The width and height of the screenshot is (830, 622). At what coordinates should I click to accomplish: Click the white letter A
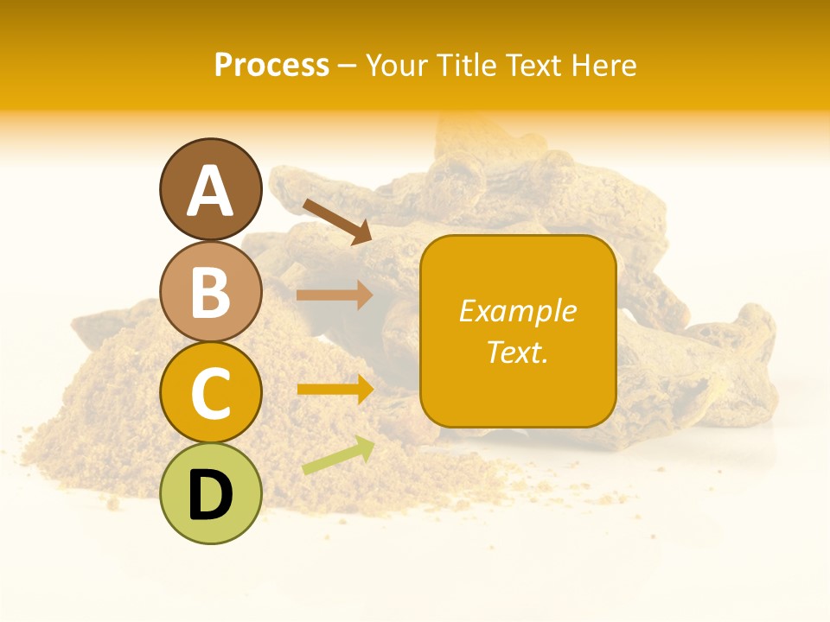pyautogui.click(x=210, y=191)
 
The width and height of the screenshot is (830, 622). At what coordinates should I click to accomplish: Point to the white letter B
pyautogui.click(x=210, y=292)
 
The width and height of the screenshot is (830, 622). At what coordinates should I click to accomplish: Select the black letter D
pyautogui.click(x=210, y=494)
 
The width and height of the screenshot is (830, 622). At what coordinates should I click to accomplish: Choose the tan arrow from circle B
pyautogui.click(x=335, y=295)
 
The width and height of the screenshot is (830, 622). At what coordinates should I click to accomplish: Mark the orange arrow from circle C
pyautogui.click(x=335, y=389)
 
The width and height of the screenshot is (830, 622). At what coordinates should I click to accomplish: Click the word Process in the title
pyautogui.click(x=271, y=66)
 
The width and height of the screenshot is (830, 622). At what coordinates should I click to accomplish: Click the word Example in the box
pyautogui.click(x=518, y=311)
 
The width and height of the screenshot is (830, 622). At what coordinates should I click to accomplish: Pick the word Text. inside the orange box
pyautogui.click(x=518, y=352)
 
